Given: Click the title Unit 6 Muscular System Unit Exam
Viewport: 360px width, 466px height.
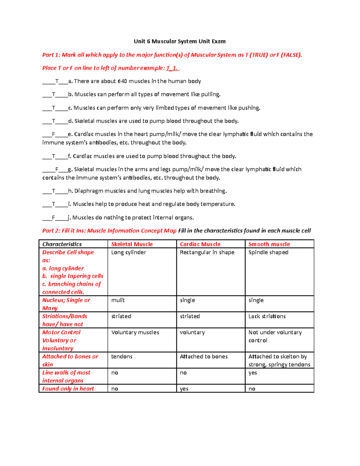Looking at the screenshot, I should tap(179, 41).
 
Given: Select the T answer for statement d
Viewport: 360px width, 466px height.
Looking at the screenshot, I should tap(54, 121).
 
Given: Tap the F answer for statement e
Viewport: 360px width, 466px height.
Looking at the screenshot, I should tap(53, 134).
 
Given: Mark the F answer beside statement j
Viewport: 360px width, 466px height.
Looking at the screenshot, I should tap(53, 218).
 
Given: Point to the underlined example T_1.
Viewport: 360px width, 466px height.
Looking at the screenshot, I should tap(172, 68).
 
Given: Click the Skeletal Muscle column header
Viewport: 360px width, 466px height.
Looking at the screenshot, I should tap(132, 244).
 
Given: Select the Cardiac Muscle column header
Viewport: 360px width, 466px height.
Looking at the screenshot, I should tap(200, 244).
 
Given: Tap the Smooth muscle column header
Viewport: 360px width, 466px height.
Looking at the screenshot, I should tap(269, 244).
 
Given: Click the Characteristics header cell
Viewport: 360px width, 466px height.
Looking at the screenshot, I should tap(62, 244).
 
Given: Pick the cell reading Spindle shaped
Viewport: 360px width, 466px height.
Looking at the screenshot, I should tap(268, 252).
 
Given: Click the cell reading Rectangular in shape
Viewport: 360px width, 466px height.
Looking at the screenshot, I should tap(207, 252).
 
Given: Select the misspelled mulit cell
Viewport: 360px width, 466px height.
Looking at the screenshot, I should tap(118, 300).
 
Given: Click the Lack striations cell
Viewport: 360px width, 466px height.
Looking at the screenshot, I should tap(267, 316).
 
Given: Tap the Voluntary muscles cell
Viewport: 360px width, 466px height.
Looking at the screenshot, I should tap(135, 332).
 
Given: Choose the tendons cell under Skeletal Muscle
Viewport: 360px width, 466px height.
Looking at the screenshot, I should tap(122, 356).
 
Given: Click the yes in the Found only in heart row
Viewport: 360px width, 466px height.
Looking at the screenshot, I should tap(184, 389).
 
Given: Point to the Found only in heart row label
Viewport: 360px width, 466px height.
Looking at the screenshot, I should tap(68, 389).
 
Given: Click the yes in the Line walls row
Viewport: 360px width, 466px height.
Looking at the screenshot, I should tap(253, 373).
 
